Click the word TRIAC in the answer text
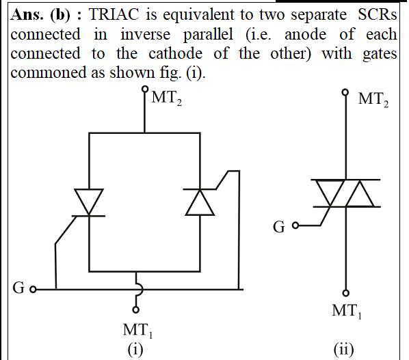(x=114, y=14)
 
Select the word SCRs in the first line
(x=377, y=14)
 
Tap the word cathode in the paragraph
(x=176, y=53)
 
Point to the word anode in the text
(x=306, y=34)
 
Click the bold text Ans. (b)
(x=40, y=15)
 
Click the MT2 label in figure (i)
(x=166, y=98)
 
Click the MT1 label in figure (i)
(x=137, y=331)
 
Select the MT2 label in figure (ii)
(x=373, y=100)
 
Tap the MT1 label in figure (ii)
(x=347, y=311)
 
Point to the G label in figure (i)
(x=18, y=288)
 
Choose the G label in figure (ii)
(x=279, y=227)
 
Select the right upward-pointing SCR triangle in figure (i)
(x=200, y=202)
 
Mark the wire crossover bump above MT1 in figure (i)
(x=141, y=289)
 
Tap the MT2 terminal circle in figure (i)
(x=145, y=89)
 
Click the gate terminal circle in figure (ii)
(x=295, y=225)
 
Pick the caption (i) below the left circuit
(x=135, y=350)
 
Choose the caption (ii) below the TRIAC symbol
(x=344, y=350)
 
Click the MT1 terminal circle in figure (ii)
(x=346, y=293)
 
